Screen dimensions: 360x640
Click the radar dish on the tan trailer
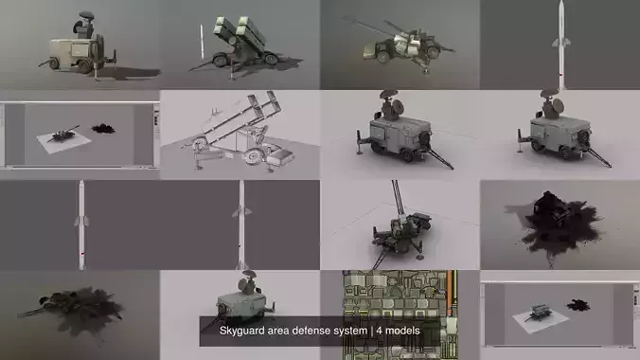point(84,18)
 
